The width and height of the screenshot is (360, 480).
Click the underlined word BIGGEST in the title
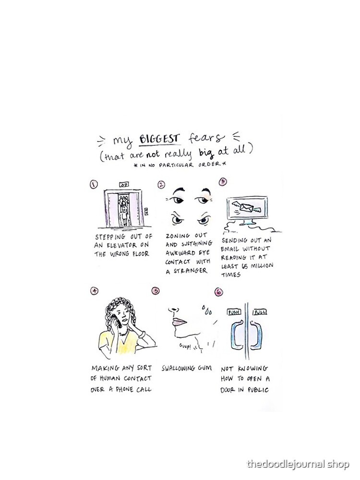[158, 139]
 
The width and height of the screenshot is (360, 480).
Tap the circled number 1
[94, 184]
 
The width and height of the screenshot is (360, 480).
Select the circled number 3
[223, 181]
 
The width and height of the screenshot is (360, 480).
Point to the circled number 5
[156, 290]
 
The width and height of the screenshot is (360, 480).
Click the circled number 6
[218, 292]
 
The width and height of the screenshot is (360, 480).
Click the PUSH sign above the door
[234, 312]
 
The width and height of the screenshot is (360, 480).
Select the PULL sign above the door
[260, 312]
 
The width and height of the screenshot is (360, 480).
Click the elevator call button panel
[146, 211]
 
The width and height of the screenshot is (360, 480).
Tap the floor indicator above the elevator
[124, 184]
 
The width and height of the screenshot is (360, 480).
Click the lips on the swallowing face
[180, 322]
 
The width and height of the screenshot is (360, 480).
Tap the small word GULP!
[185, 346]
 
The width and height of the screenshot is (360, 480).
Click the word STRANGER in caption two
[191, 271]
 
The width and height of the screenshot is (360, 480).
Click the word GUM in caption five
[205, 368]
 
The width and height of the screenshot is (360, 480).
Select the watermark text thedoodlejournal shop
[298, 464]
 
